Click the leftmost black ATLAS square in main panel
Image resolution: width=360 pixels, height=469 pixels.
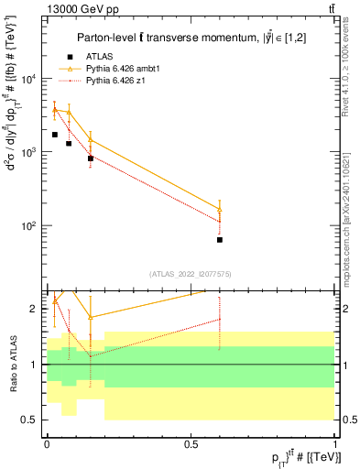coord(55,135)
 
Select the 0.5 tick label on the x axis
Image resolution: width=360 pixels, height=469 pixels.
coord(191,444)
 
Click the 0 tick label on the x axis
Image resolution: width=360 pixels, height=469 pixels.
coord(47,444)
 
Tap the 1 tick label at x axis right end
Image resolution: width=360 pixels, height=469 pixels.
coord(334,444)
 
